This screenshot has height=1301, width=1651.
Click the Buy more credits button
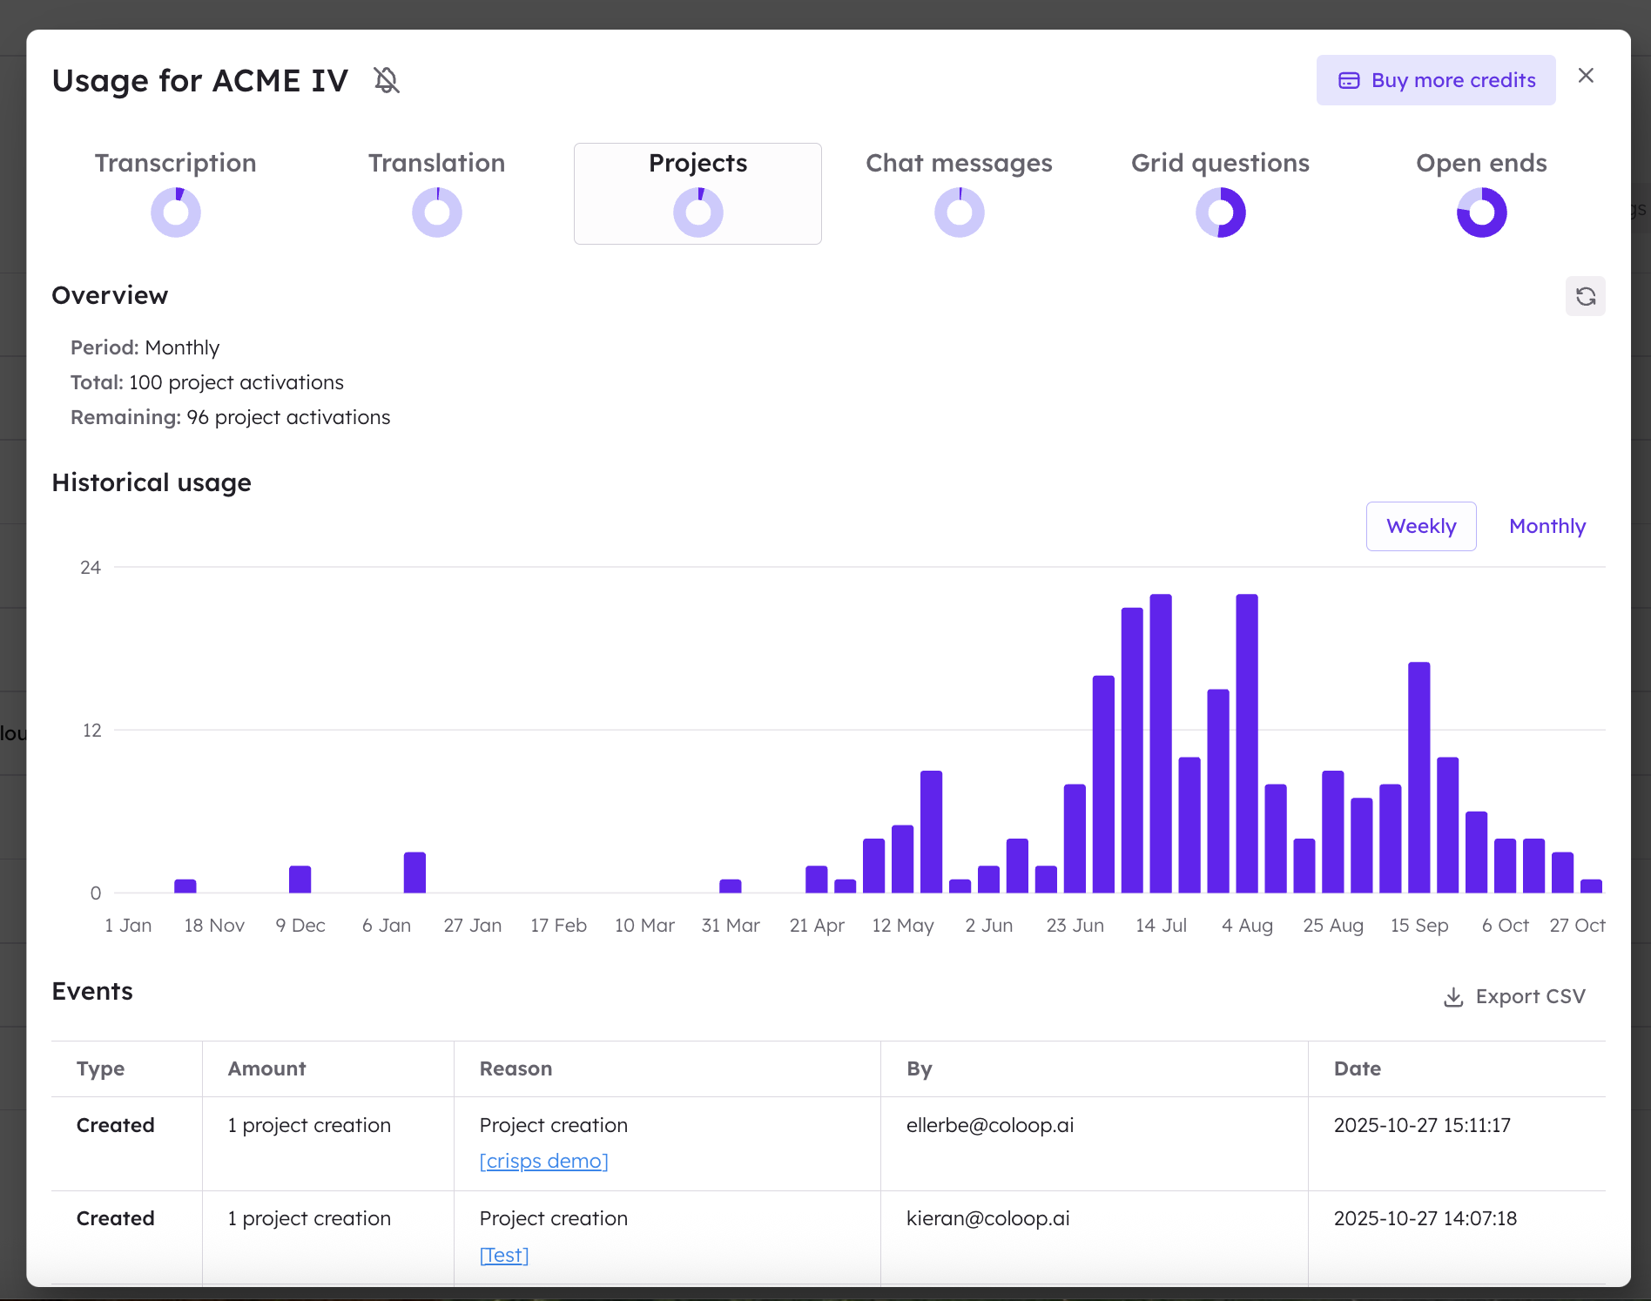tap(1436, 80)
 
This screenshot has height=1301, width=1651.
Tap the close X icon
tap(1586, 76)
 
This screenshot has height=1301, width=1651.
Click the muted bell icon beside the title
tap(387, 80)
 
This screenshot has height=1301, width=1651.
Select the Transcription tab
tap(175, 164)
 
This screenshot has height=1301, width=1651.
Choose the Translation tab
tap(436, 164)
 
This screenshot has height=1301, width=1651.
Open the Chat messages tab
tap(959, 164)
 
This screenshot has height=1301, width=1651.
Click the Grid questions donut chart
tap(1220, 212)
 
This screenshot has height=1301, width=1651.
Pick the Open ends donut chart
tap(1481, 212)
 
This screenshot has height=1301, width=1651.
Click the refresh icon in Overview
tap(1585, 296)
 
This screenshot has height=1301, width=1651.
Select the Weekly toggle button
tap(1420, 526)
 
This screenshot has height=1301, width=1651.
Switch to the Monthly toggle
tap(1547, 526)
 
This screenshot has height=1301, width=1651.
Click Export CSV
tap(1515, 996)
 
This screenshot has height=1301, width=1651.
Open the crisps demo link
tap(543, 1161)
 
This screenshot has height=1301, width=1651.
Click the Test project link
tap(504, 1255)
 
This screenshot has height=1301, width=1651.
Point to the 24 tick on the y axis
tap(91, 568)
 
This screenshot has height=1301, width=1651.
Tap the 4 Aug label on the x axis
tap(1247, 925)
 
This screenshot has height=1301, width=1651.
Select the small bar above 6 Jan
tap(414, 872)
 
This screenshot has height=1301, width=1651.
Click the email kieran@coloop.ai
tap(987, 1218)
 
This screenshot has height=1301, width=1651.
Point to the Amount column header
tap(266, 1068)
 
